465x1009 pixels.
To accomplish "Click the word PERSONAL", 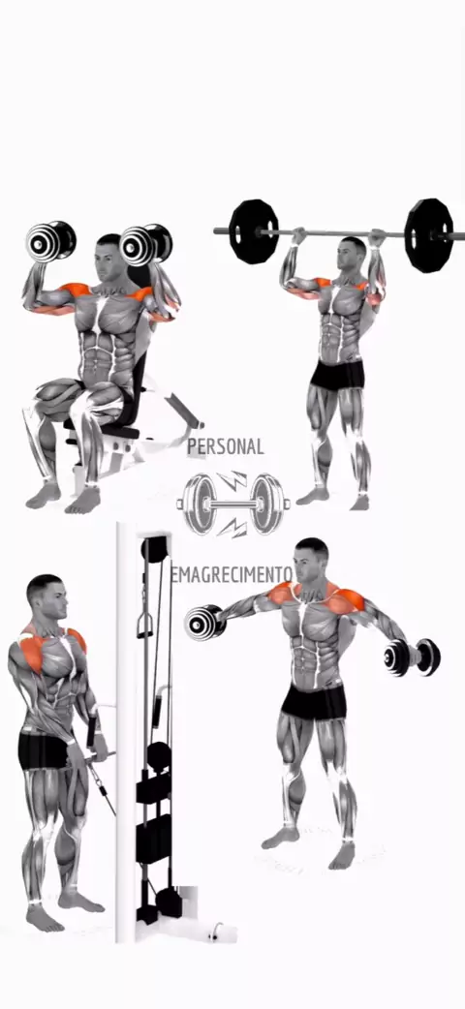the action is click(x=226, y=446).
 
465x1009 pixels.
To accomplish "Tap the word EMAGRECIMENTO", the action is click(x=232, y=574).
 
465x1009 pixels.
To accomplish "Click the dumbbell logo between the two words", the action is click(x=233, y=504).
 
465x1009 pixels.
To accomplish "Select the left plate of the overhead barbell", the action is click(x=254, y=231).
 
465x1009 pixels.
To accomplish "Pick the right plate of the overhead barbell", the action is click(x=428, y=235).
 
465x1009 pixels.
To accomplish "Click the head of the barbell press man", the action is click(x=353, y=254).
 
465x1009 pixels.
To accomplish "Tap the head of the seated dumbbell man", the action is click(x=108, y=256).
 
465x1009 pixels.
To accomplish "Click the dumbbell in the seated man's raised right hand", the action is click(x=50, y=241).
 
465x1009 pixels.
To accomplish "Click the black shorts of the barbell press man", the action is click(x=337, y=376).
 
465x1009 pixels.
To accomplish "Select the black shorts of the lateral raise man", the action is click(x=314, y=702).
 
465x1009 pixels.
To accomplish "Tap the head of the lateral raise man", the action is click(x=312, y=561).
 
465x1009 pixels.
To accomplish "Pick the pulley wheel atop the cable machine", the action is click(x=155, y=550).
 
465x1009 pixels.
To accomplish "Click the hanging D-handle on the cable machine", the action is click(x=145, y=626).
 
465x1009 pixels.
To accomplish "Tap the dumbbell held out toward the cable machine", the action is click(x=204, y=623).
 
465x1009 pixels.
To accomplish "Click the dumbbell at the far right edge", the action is click(x=412, y=657).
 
